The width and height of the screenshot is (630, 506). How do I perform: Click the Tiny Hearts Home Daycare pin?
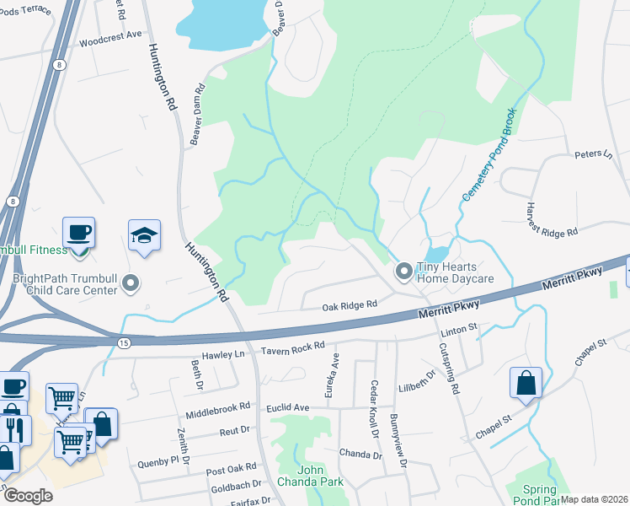404,271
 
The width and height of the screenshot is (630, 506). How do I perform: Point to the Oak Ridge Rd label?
350,307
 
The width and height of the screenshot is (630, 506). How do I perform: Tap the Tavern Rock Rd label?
293,347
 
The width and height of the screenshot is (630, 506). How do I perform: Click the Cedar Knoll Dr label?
373,408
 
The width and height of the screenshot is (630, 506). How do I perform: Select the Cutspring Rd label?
452,362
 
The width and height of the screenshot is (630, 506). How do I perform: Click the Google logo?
27,496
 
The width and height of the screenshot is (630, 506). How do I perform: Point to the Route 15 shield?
124,342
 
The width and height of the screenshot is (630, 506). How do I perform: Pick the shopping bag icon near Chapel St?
526,382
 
